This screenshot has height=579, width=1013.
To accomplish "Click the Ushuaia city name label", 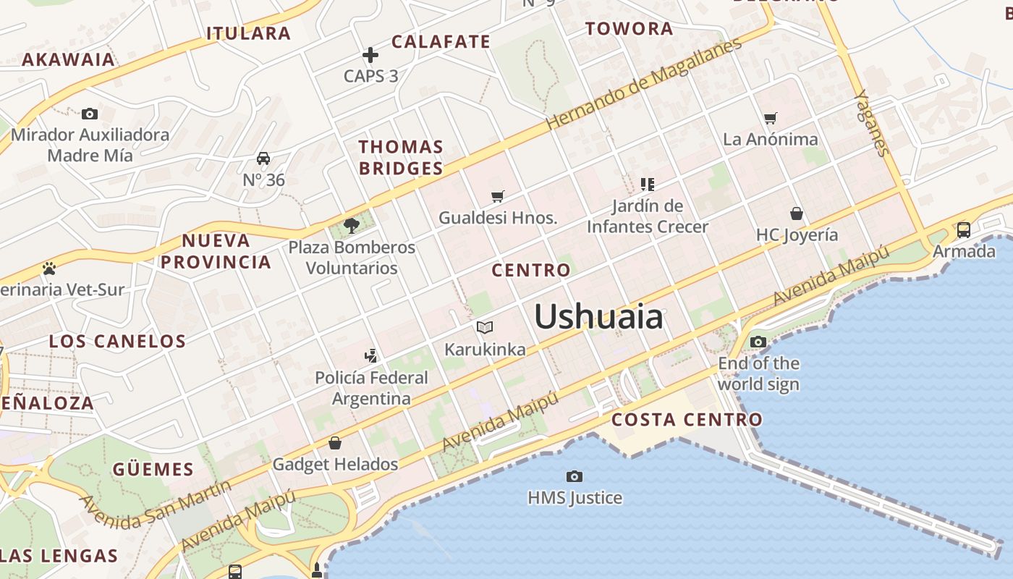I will point(598,317).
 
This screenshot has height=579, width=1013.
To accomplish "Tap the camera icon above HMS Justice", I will point(575,476).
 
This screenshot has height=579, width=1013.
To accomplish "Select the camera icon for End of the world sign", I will point(758,342).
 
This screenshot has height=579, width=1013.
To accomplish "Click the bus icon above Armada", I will point(963,230).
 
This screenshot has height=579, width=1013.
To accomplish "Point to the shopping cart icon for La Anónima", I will point(770,118).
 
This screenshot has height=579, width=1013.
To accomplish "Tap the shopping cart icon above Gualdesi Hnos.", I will point(497,196).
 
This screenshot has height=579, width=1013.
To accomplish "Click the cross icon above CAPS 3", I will point(370,55).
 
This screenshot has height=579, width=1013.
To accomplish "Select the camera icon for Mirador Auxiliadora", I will point(90,114).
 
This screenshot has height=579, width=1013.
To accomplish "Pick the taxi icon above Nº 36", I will point(263,159).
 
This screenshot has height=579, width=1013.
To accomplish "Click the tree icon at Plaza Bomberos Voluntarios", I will point(352,226).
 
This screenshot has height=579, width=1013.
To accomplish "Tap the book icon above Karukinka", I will point(485,328).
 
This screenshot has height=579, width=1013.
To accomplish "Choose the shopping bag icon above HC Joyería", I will point(797,214).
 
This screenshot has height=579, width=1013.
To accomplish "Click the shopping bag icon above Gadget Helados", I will point(335,442).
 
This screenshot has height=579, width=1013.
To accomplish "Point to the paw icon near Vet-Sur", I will point(49,269).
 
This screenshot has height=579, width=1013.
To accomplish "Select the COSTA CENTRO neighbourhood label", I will point(687,420).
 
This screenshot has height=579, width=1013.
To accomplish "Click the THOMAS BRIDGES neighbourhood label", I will point(401,158).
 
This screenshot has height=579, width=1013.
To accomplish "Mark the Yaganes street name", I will point(870,122).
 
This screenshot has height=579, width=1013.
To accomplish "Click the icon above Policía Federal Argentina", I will point(371,355).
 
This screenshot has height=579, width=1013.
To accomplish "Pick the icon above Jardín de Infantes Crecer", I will point(647,185).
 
